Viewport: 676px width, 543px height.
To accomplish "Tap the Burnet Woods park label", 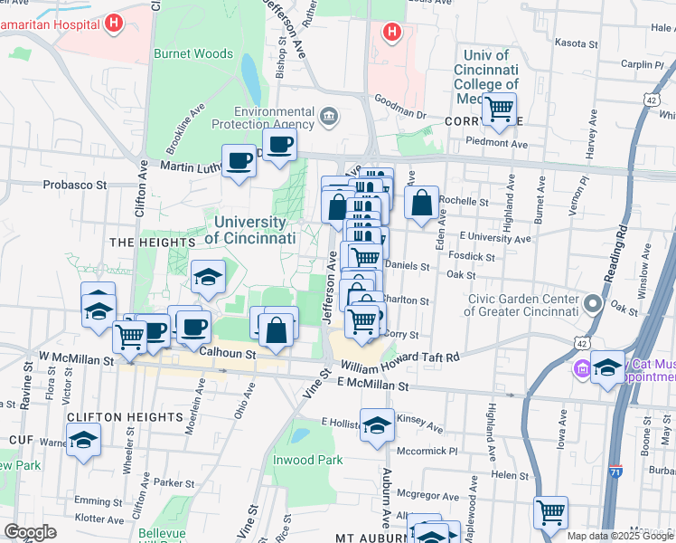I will tap(192, 54).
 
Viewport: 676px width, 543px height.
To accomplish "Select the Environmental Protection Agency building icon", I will tap(328, 115).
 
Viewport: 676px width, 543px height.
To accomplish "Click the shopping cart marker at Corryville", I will tap(498, 110).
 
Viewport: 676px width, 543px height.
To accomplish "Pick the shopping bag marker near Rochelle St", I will tap(421, 204).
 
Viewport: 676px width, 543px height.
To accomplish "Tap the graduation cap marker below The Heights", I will tap(208, 278).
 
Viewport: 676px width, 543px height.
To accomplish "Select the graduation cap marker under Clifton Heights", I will tap(84, 440).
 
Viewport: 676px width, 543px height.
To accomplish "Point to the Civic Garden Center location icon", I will tap(592, 303).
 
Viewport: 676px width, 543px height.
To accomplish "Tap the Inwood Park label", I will tap(308, 460).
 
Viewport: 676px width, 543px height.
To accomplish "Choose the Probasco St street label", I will tap(75, 185).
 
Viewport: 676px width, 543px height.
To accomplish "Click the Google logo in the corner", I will tap(30, 532).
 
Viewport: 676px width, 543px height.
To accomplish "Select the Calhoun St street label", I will tap(229, 355).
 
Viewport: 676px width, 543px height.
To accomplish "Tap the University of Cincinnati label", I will tap(250, 230).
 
